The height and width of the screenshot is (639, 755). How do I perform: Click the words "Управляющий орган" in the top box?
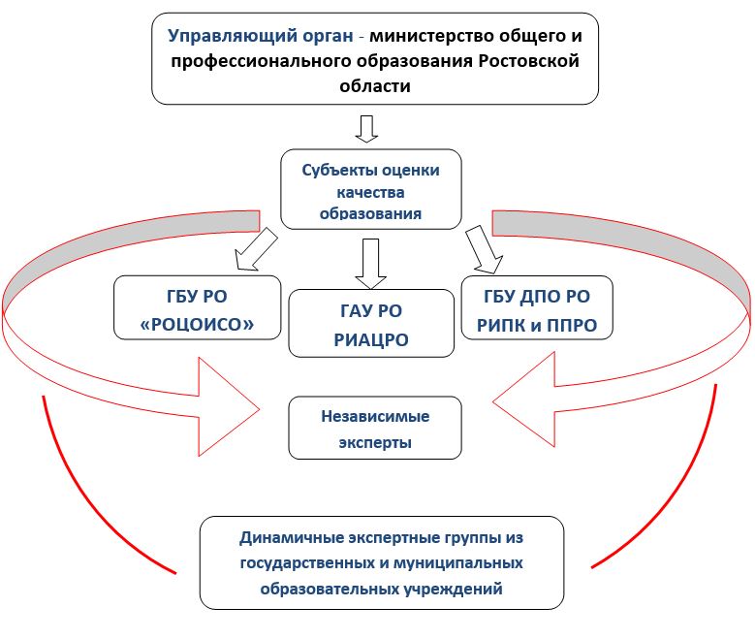pyautogui.click(x=261, y=36)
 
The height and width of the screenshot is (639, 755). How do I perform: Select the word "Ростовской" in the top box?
pyautogui.click(x=528, y=61)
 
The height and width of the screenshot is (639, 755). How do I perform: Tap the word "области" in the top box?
pyautogui.click(x=375, y=86)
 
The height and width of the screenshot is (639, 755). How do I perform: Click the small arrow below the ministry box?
pyautogui.click(x=366, y=129)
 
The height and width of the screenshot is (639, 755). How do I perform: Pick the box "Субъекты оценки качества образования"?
pyautogui.click(x=371, y=189)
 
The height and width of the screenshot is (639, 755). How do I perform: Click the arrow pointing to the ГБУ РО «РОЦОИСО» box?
pyautogui.click(x=255, y=249)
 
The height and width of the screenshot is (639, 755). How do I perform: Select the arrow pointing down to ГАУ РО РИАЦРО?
pyautogui.click(x=371, y=264)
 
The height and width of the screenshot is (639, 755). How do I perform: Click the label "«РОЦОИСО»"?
pyautogui.click(x=197, y=325)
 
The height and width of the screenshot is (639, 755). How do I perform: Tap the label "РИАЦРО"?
pyautogui.click(x=371, y=340)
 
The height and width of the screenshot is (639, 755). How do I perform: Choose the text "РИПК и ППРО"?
pyautogui.click(x=537, y=326)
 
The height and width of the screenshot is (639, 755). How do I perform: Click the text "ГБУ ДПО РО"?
pyautogui.click(x=537, y=297)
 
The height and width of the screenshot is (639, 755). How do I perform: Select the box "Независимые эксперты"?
pyautogui.click(x=375, y=428)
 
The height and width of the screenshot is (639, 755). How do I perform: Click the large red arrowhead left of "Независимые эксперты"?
pyautogui.click(x=229, y=407)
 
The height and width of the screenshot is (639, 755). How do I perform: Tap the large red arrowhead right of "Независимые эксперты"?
pyautogui.click(x=524, y=399)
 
